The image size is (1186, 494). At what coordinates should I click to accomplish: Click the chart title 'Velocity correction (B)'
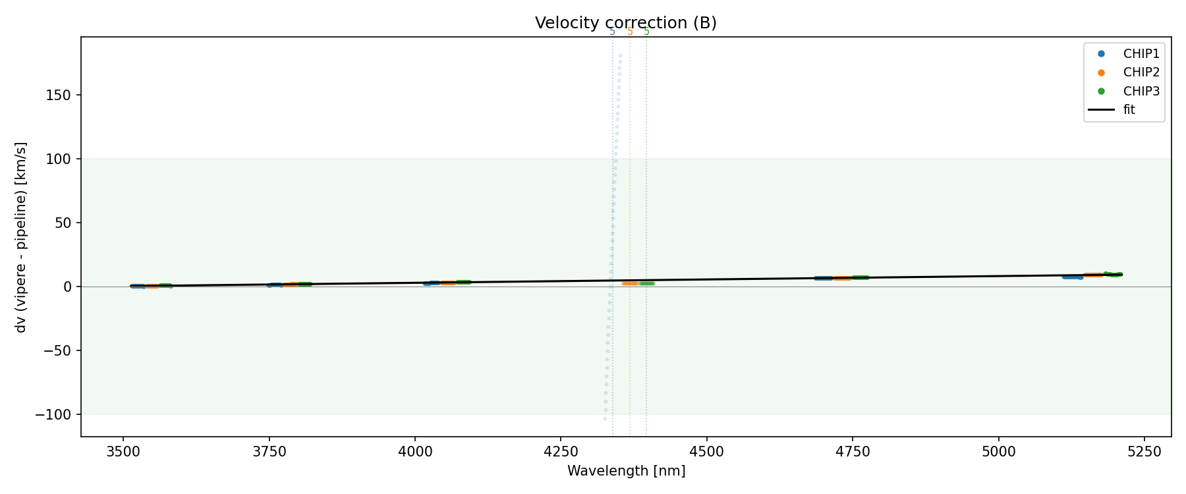click(625, 23)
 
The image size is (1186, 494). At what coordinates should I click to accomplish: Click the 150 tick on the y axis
click(59, 96)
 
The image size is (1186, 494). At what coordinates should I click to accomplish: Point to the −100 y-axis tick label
click(57, 414)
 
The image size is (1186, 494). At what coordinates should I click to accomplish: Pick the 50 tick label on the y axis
click(63, 223)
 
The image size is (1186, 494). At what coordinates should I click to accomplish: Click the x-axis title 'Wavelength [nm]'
click(626, 471)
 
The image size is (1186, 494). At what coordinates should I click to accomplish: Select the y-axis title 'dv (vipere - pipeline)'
click(21, 237)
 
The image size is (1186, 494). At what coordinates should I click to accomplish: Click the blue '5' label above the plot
click(612, 32)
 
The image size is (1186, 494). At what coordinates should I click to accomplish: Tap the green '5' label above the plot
click(646, 32)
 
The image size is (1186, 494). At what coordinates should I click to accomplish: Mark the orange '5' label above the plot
click(630, 32)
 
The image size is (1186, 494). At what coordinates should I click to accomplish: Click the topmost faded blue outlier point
click(620, 56)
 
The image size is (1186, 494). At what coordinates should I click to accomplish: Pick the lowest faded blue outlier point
click(605, 418)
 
